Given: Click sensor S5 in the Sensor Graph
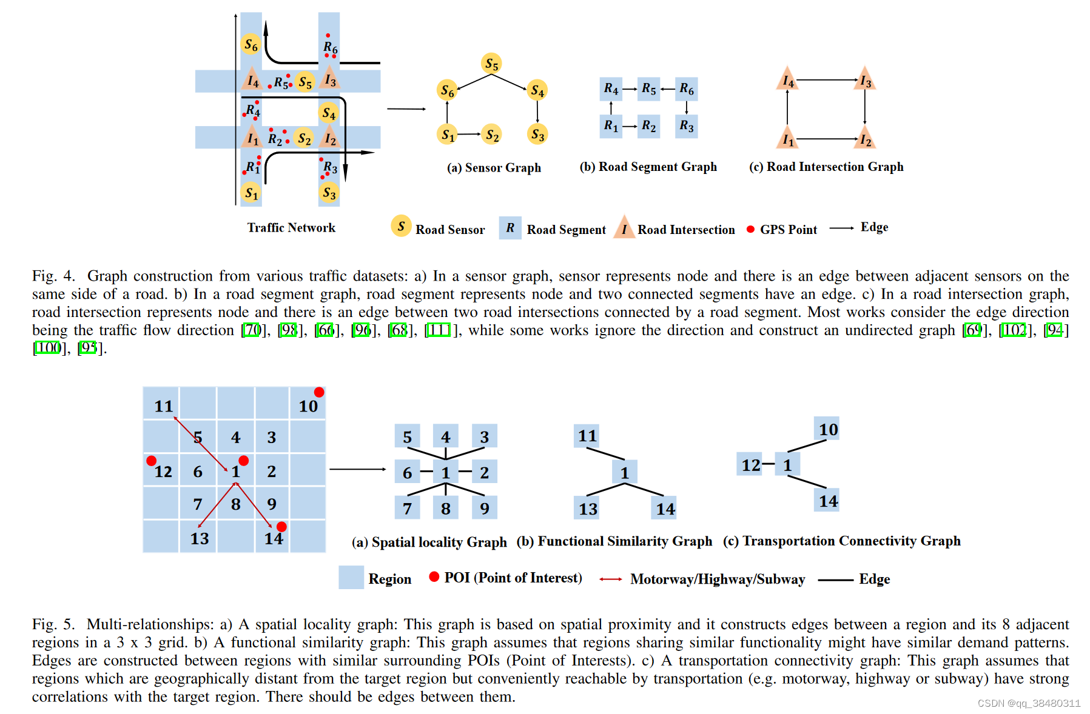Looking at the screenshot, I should click(x=491, y=64).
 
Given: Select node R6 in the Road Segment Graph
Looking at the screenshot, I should click(x=686, y=89).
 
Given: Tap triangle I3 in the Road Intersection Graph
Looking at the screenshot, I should click(x=865, y=80).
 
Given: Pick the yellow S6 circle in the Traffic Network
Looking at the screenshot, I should click(x=251, y=44).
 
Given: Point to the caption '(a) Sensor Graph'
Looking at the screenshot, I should click(x=494, y=168).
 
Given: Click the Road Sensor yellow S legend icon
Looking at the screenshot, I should click(x=401, y=226).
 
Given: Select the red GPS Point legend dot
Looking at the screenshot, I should click(x=750, y=229).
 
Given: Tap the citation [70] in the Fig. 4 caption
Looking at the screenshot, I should click(x=252, y=330).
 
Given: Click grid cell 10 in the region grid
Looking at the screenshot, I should click(x=308, y=405).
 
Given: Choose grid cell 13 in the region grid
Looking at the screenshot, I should click(x=199, y=538).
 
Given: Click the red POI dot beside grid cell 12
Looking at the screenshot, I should click(x=152, y=461).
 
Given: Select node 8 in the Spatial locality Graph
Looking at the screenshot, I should click(x=445, y=508).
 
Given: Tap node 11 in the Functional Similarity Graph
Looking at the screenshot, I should click(x=587, y=436).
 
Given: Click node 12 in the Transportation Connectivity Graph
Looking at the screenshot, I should click(x=750, y=465).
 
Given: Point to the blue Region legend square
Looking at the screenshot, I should click(x=351, y=578).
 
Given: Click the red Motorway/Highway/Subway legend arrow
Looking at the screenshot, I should click(x=610, y=579).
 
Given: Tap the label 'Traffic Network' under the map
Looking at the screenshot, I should click(x=291, y=228).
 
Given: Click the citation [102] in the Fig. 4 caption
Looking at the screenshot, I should click(x=1014, y=330).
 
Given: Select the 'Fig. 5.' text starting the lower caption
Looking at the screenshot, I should click(x=53, y=624).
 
